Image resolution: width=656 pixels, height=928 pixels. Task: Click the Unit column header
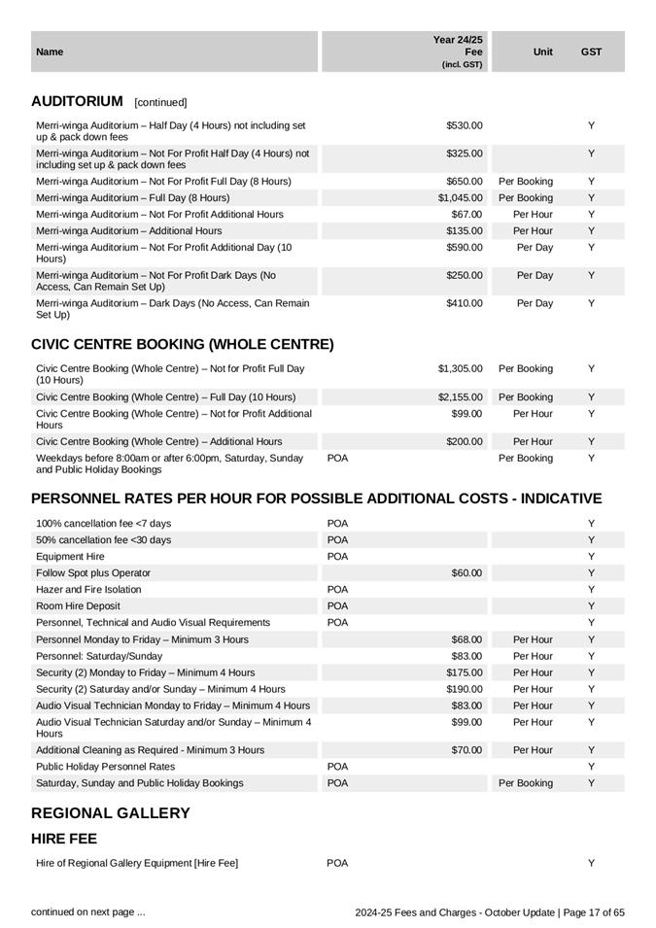pos(543,52)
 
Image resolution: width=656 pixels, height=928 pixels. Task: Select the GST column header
pos(591,52)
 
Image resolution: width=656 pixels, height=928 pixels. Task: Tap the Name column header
pos(50,52)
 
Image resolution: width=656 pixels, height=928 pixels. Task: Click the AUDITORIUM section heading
pos(78,101)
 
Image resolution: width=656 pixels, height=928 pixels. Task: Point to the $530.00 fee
pos(465,125)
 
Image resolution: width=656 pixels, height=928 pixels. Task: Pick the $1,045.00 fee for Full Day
pos(460,197)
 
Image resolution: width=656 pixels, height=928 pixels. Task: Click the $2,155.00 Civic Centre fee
pos(460,397)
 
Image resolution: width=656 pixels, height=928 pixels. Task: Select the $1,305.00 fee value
pos(460,369)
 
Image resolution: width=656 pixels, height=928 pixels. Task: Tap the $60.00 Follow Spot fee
pos(465,573)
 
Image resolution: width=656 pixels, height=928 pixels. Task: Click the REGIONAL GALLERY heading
pos(111,813)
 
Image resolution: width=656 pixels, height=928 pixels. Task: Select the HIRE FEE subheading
pos(64,839)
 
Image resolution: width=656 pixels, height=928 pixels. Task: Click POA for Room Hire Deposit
pos(337,606)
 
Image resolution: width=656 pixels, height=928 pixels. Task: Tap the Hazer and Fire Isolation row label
pos(88,590)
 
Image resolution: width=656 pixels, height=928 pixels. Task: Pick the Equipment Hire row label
pos(70,557)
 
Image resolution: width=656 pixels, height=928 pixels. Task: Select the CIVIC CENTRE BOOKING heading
pos(183,345)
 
